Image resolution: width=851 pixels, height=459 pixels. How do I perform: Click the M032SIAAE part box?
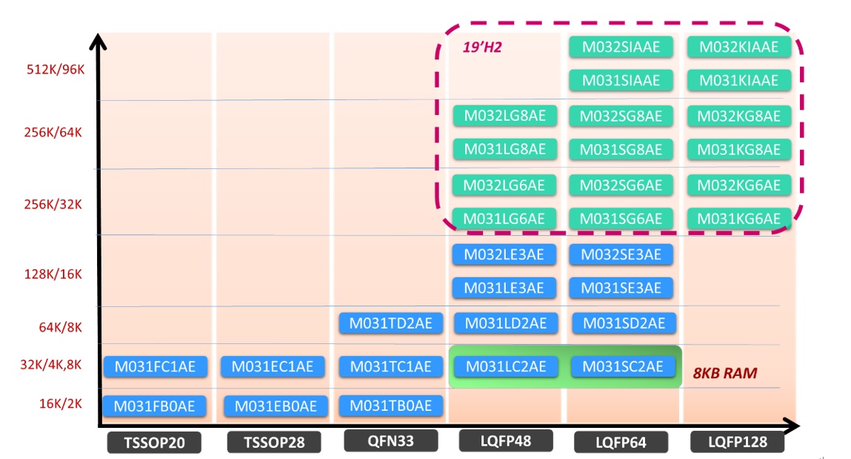(x=621, y=47)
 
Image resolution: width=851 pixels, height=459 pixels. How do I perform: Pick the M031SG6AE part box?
(x=621, y=218)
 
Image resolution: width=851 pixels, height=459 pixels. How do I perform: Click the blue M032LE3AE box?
(x=505, y=254)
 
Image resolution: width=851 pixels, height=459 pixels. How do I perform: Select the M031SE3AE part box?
(x=621, y=288)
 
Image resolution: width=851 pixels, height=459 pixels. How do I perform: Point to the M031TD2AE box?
(x=390, y=323)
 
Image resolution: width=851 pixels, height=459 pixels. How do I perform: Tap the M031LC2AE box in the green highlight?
(x=505, y=366)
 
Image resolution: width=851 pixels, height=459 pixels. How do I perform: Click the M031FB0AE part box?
(x=155, y=406)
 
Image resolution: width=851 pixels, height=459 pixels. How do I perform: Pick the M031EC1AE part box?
(x=273, y=366)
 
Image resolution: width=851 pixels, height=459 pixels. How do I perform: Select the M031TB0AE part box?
(x=390, y=406)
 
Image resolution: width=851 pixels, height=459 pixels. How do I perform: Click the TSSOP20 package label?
(x=155, y=443)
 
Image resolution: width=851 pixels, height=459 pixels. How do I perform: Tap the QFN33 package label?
(x=390, y=441)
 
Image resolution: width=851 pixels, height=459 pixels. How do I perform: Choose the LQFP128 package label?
(x=738, y=442)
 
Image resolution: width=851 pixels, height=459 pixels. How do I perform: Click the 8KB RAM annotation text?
(x=724, y=373)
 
